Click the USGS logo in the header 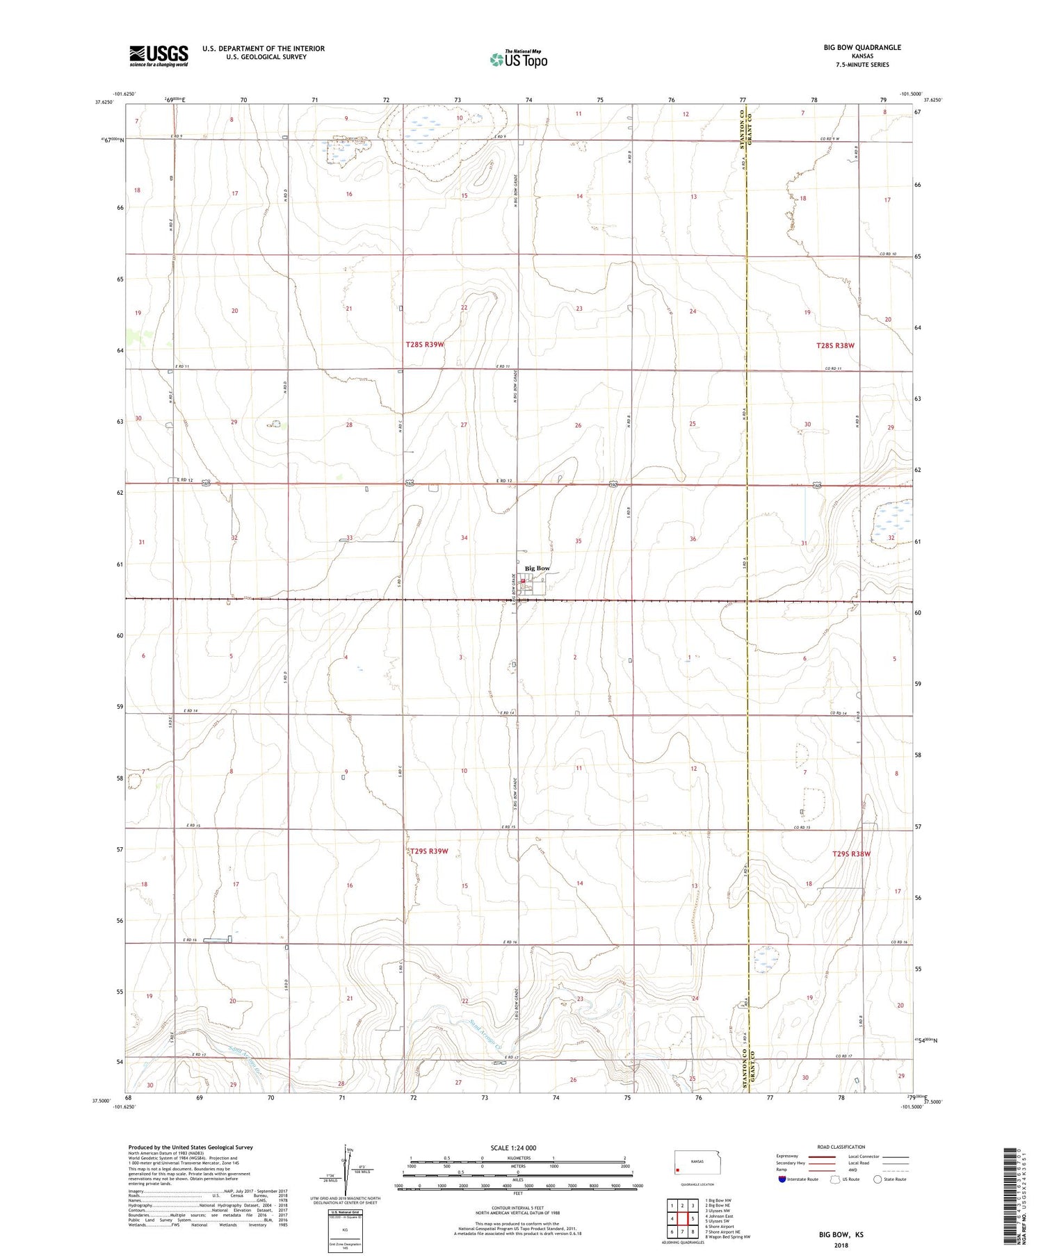(x=159, y=56)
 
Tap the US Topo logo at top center (x=519, y=60)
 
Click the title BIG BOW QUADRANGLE (x=862, y=47)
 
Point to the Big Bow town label (x=537, y=568)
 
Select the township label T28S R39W (x=425, y=344)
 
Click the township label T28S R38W (x=835, y=345)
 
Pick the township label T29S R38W (x=852, y=854)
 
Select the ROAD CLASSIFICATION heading (x=841, y=1147)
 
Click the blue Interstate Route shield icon (x=782, y=1179)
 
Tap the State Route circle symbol (x=878, y=1179)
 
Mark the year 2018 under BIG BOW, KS (x=840, y=1245)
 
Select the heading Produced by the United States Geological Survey (x=191, y=1147)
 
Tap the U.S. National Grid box (x=345, y=1231)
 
